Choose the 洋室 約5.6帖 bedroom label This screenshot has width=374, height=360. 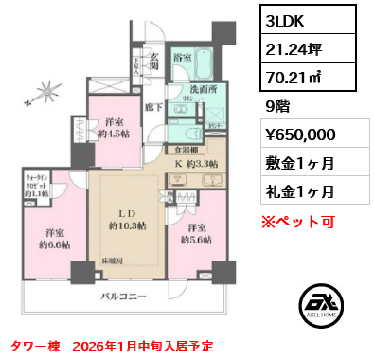click(x=197, y=234)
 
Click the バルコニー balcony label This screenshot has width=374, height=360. click(x=124, y=297)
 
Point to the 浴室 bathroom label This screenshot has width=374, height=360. click(x=185, y=59)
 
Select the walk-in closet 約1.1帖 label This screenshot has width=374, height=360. click(x=37, y=183)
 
